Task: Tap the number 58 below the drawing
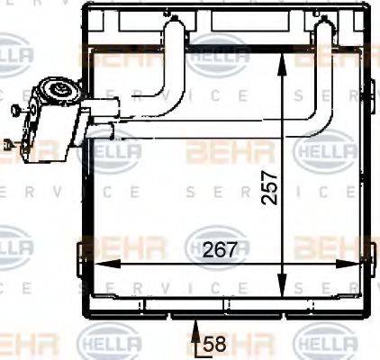[213, 343]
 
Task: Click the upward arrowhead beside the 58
[196, 333]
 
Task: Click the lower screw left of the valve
[8, 141]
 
